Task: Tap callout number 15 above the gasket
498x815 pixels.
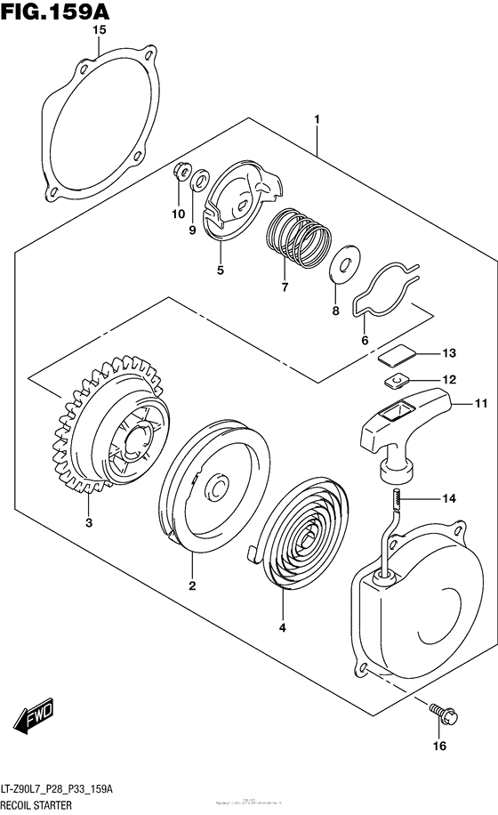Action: point(100,29)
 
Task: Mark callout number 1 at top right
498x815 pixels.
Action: point(316,118)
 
